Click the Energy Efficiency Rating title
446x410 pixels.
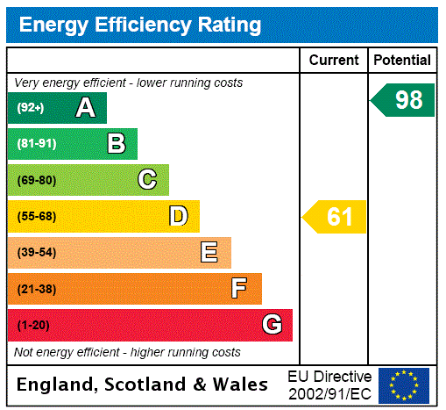[140, 25]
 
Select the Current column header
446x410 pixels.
[334, 61]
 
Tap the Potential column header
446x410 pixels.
[402, 61]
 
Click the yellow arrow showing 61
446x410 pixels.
[336, 217]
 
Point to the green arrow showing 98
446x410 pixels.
[403, 100]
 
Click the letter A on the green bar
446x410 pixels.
[85, 108]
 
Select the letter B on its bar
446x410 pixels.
[116, 144]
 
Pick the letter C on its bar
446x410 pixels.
[147, 180]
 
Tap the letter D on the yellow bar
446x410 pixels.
[178, 216]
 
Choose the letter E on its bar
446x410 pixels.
[209, 253]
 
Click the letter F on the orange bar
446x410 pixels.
[239, 289]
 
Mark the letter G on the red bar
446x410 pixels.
[272, 325]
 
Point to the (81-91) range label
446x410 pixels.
[36, 144]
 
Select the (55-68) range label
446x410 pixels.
[36, 217]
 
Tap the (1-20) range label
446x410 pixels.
[33, 326]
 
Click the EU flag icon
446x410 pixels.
[404, 385]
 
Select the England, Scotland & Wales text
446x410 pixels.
[143, 385]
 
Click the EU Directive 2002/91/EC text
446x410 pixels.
[329, 385]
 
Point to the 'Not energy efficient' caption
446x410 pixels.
[128, 352]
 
